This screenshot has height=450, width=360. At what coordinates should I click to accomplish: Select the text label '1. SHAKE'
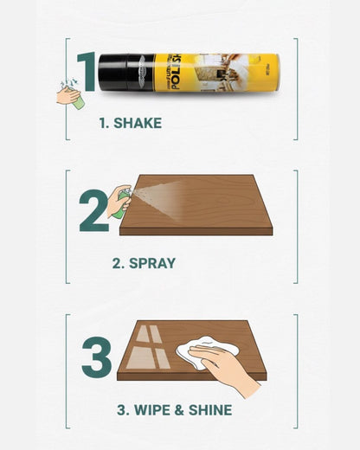pos(130,123)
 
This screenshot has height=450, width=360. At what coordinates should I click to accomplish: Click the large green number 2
pos(93,211)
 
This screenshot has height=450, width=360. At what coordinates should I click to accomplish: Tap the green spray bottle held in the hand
pos(120,202)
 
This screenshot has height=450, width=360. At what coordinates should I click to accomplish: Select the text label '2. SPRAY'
pos(144,263)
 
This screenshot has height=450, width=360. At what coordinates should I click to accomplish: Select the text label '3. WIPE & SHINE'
pos(175,409)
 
